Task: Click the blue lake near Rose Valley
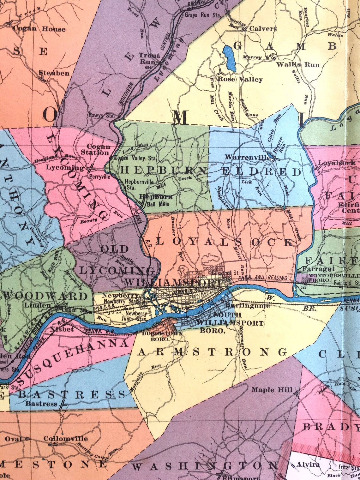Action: (x=230, y=58)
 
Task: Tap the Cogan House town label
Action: (x=39, y=29)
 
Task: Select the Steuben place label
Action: (x=54, y=73)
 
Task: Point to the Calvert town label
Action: (x=263, y=28)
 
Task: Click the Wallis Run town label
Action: (x=298, y=64)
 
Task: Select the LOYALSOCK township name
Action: (x=225, y=242)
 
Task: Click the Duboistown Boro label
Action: (x=155, y=336)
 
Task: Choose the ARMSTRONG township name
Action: (x=212, y=352)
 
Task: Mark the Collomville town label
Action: (x=66, y=439)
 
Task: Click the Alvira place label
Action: (x=308, y=465)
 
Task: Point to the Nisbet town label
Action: (x=62, y=329)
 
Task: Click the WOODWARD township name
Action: (x=47, y=296)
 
